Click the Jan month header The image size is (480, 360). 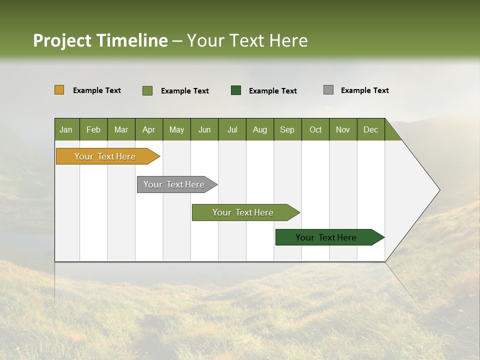(x=66, y=129)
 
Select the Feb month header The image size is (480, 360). (x=93, y=129)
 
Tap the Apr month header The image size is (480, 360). (x=148, y=129)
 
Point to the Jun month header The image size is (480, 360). (x=204, y=129)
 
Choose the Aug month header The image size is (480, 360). (x=259, y=129)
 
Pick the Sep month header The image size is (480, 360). (x=287, y=129)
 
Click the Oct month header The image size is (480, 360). (x=315, y=129)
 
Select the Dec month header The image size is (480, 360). (x=370, y=129)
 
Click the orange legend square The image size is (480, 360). (x=59, y=90)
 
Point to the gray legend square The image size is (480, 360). (x=328, y=90)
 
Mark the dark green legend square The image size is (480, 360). (x=236, y=90)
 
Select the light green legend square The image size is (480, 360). (x=147, y=90)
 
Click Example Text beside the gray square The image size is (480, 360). (x=364, y=90)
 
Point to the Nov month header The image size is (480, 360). (x=342, y=129)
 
